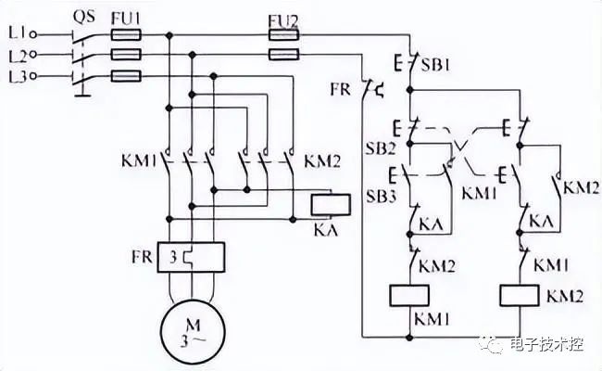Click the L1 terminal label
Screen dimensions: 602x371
(18, 33)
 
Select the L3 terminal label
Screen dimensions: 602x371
(18, 76)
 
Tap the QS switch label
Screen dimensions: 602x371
(84, 17)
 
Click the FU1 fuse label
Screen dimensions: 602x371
(126, 18)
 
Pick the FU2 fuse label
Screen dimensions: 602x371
(283, 21)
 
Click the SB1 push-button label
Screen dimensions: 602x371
(435, 65)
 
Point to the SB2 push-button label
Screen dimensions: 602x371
(380, 148)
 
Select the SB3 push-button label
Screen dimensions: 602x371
(381, 196)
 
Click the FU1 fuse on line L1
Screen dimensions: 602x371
(126, 35)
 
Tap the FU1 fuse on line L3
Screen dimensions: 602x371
(126, 76)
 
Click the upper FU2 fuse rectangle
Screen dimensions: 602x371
(283, 35)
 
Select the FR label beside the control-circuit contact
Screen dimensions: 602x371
(341, 89)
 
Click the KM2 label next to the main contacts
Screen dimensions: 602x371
(322, 162)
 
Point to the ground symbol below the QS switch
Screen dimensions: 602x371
(82, 94)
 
